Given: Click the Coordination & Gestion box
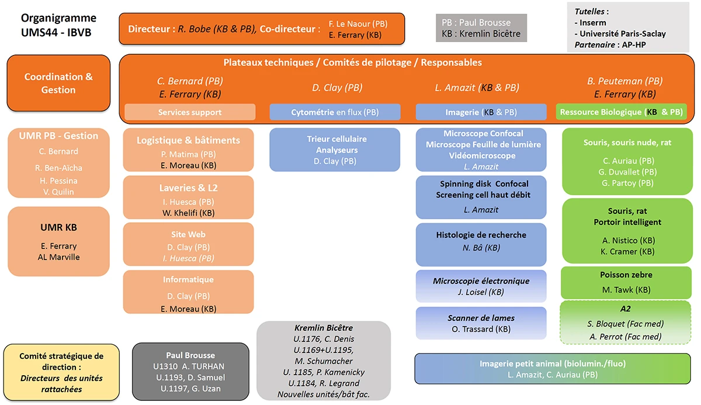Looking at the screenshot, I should pos(58,83).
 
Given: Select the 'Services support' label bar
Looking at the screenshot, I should pos(190,112).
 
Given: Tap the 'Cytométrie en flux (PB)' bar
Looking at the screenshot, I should pos(335,112).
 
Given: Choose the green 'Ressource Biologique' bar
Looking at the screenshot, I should pos(620,112).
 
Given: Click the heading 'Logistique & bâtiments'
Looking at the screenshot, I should pos(188,140).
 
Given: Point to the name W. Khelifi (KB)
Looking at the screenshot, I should pos(188,213).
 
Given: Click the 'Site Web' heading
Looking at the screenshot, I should pos(188,234).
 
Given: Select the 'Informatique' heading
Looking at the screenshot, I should pos(188,280).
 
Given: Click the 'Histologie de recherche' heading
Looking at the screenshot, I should pos(481,235).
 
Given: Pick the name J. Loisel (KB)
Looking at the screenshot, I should pos(481,292).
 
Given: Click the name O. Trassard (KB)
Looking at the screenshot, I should pos(481,329).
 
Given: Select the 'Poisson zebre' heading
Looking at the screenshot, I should pos(626,275).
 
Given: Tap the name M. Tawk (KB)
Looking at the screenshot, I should pos(626,289).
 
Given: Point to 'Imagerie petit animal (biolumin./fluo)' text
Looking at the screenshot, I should pos(553,364).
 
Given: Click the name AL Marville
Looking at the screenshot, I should pos(58,257).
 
